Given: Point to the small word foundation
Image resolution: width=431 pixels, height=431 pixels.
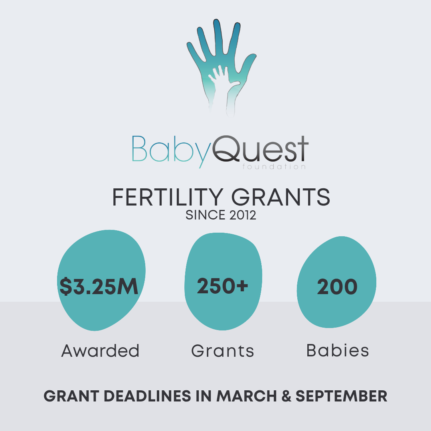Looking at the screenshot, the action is point(274,166).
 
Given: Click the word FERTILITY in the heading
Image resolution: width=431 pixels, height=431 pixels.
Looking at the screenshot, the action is point(168,197).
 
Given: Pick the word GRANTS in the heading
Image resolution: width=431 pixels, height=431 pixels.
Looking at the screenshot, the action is point(281,197).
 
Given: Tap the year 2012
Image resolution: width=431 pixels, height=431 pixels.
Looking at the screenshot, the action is point(243,215).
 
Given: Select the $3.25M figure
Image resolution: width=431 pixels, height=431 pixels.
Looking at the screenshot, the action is point(99,287).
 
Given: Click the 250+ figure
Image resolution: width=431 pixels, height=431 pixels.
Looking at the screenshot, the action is point(223,286).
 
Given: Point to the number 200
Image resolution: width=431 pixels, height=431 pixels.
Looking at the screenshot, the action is point(337,287).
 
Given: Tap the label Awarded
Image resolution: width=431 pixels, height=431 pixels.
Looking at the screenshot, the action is point(100,351).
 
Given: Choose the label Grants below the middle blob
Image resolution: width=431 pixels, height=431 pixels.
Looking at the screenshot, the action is point(223,351).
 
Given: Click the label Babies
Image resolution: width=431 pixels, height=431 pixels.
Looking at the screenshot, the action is point(338,350).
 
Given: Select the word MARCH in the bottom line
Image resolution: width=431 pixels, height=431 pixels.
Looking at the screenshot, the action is point(247,396).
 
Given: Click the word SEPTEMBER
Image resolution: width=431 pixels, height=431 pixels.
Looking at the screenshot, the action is point(341,396).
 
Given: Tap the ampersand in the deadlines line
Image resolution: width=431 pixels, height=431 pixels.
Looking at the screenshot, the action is point(286,396).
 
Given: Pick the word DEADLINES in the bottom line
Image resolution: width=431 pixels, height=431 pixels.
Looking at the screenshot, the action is point(147,396).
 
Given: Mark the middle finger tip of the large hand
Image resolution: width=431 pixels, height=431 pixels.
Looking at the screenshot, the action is point(217,21).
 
